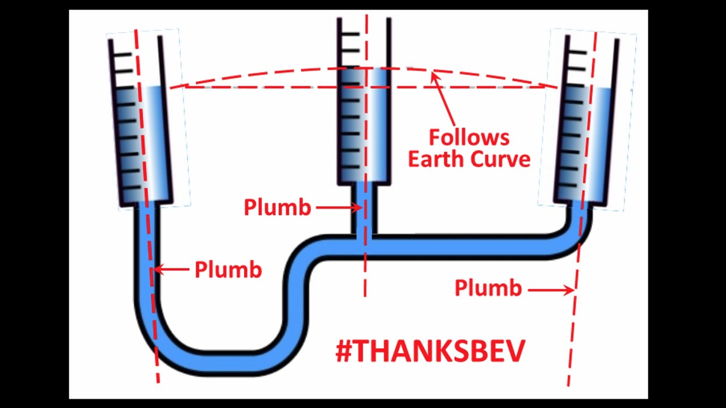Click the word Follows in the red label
tap(468, 138)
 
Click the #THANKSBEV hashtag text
tap(430, 351)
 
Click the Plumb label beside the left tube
tap(228, 270)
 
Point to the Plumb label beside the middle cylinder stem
tap(277, 207)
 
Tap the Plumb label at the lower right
tap(488, 288)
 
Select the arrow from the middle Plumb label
tap(338, 208)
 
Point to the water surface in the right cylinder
tap(601, 89)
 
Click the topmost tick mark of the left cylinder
tap(124, 54)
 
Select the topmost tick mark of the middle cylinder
tap(351, 35)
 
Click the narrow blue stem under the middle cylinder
tap(365, 210)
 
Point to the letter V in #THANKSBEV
tap(513, 351)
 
